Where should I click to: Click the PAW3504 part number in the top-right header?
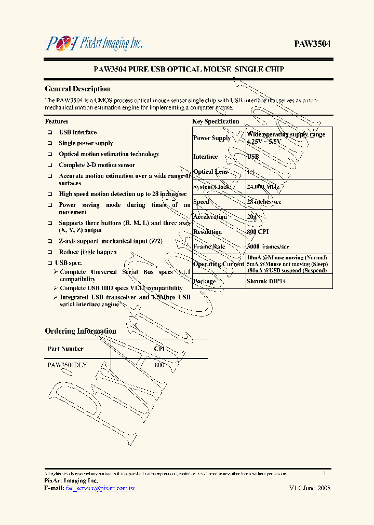[312, 44]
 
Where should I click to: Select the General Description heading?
[77, 89]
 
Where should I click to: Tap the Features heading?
[57, 121]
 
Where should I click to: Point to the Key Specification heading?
[216, 121]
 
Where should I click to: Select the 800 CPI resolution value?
[258, 232]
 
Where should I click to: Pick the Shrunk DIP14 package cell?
[266, 281]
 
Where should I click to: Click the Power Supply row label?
[211, 138]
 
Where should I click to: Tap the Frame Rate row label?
[209, 247]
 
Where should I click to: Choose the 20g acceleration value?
[252, 217]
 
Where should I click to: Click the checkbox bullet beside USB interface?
[50, 133]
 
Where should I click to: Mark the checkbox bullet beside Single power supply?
[50, 144]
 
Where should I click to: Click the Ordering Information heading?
[81, 331]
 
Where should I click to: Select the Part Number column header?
[65, 349]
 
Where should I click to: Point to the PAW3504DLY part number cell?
[67, 365]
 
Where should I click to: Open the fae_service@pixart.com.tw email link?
[100, 488]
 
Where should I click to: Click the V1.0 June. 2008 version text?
[310, 488]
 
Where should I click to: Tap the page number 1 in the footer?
[325, 473]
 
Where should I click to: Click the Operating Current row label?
[218, 264]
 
